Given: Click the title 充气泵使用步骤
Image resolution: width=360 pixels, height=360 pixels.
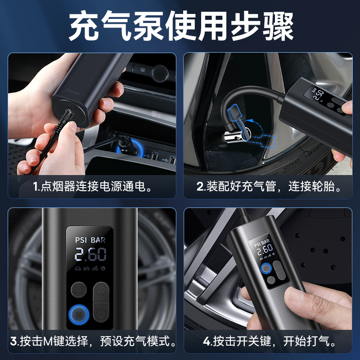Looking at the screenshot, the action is [x=181, y=26].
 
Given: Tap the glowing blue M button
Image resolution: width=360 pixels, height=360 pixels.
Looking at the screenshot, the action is [x=79, y=314].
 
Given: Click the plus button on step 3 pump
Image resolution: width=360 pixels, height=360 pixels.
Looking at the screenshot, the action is [x=101, y=291].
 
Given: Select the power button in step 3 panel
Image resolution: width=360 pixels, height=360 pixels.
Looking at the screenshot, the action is [x=79, y=290].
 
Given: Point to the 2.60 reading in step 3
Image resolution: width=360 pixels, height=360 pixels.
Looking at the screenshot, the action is [x=90, y=254].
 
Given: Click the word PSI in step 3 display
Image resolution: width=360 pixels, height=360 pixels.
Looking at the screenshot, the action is [x=81, y=240].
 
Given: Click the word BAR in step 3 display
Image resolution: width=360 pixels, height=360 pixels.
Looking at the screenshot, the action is [x=98, y=240].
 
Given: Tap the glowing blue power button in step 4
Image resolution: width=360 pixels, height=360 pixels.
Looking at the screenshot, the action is [x=266, y=268].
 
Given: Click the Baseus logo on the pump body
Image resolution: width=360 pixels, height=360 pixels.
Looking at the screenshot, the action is [x=73, y=92].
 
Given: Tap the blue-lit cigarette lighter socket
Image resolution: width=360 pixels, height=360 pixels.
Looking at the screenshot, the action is [x=128, y=147].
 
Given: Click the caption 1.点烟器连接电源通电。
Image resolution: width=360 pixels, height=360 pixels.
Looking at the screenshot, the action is [x=92, y=186].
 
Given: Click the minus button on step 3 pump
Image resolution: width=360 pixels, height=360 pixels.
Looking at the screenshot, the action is [x=101, y=312].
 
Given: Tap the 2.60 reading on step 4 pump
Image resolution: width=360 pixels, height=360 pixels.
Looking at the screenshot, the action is [x=265, y=250].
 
